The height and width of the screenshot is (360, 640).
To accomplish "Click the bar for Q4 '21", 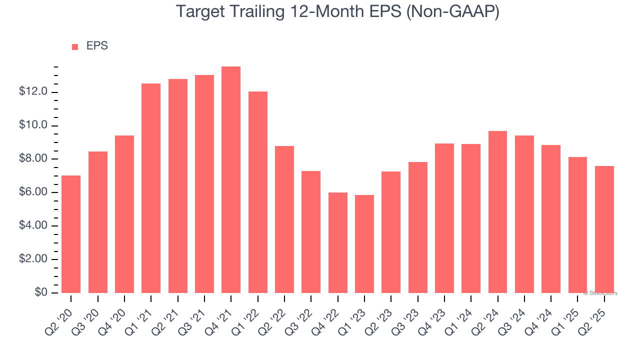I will coord(231,180).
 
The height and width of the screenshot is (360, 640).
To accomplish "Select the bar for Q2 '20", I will coord(71,234).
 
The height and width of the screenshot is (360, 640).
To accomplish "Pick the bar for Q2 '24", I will coord(497,212).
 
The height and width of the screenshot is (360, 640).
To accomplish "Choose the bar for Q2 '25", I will coord(604,229).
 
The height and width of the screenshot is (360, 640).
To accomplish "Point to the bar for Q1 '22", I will coord(257,192).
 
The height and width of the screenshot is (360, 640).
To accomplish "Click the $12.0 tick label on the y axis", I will coord(33,92).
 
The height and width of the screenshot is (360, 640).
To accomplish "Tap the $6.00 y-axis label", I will coord(33,192).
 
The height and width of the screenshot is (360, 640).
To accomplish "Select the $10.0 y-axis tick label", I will coord(33,125).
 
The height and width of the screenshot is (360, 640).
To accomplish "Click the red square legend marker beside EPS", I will coord(75,47).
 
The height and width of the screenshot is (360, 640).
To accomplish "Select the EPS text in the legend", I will coord(97,46).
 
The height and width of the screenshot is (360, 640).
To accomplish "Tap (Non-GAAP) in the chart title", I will coord(452,12).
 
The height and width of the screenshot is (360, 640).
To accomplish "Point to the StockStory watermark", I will coord(600,293).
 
